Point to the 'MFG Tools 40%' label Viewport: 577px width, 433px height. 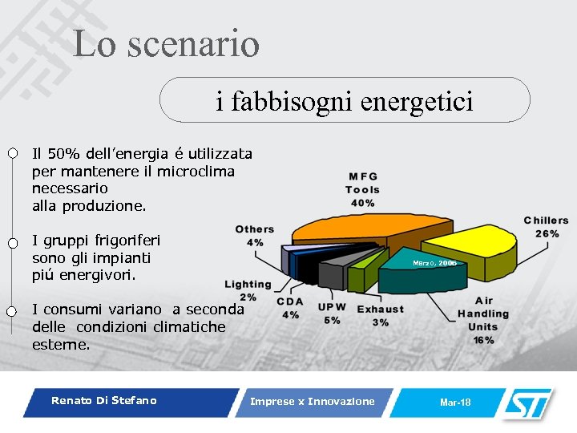point(362,190)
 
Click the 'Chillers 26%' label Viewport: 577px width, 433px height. point(546,227)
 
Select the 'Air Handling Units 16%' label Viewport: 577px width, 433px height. point(482,320)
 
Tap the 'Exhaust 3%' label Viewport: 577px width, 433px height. point(380,315)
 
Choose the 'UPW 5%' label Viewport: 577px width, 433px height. point(331,314)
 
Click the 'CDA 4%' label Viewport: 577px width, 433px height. point(289,308)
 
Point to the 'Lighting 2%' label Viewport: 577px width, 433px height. point(248,290)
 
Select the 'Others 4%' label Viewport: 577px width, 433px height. point(255,236)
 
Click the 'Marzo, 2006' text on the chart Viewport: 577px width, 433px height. point(434,263)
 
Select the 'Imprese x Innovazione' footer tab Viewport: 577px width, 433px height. point(312,402)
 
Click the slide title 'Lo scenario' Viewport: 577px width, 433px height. point(166,44)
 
